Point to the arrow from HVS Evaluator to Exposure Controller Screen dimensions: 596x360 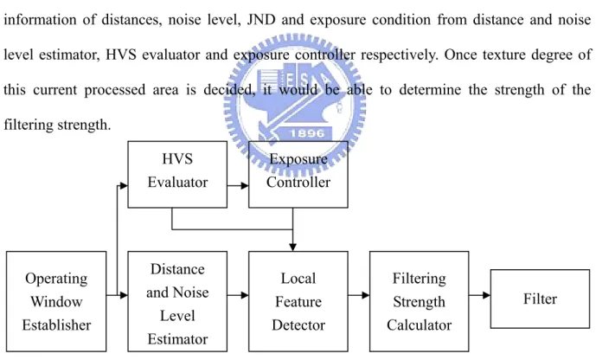[x=238, y=186]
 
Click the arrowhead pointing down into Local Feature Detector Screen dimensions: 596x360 [x=292, y=247]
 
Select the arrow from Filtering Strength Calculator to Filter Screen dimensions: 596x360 [x=480, y=295]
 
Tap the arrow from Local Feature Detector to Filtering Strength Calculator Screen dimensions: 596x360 [x=359, y=295]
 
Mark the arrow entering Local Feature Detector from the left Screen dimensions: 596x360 [x=238, y=295]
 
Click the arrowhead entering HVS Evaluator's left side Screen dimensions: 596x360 [x=123, y=186]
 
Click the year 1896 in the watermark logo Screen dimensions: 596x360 [x=307, y=133]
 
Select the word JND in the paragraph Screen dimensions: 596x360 [x=261, y=20]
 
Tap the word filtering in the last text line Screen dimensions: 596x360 [x=29, y=125]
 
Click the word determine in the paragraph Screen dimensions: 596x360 [x=430, y=90]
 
